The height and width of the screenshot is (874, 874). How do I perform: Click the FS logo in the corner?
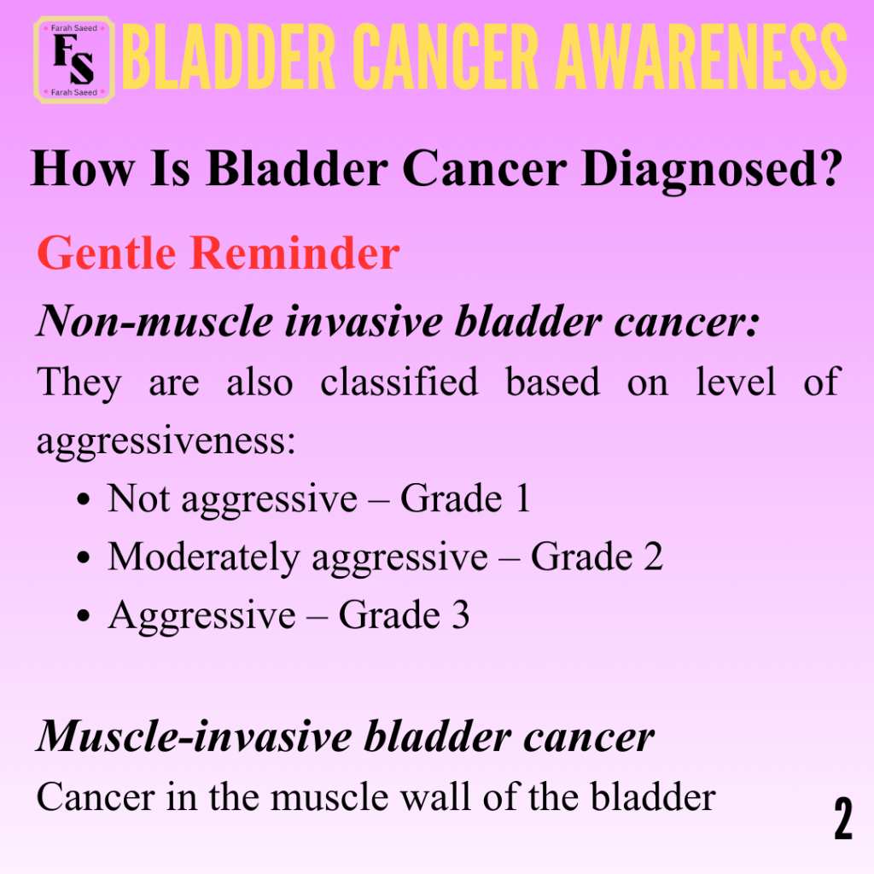coord(74,60)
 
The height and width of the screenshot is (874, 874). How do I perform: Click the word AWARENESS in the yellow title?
coord(702,57)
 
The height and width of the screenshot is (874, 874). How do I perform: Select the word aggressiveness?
coord(166,441)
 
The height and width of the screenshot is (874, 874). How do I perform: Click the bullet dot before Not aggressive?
coord(84,498)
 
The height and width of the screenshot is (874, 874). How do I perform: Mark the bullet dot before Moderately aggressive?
coord(84,557)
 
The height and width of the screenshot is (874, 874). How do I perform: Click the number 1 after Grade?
coord(523,498)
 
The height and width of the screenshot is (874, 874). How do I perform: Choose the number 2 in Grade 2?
coord(653,556)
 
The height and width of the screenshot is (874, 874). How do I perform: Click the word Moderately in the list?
coord(204,557)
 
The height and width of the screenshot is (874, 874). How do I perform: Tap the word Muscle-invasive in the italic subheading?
coord(194,736)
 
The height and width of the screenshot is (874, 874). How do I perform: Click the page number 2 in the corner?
coord(842,818)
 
